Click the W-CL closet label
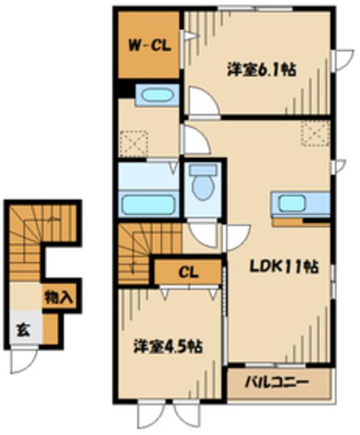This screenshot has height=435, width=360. [x=149, y=46]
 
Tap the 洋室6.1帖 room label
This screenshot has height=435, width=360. [x=262, y=69]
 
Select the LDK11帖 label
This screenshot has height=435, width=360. [x=283, y=266]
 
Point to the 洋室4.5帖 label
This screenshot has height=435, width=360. [x=168, y=346]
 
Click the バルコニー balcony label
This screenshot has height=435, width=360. [x=277, y=383]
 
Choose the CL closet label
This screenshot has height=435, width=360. [x=189, y=272]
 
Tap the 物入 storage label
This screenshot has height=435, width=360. [x=59, y=298]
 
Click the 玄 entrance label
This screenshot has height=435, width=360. [x=24, y=330]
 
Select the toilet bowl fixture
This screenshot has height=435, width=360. [x=202, y=181]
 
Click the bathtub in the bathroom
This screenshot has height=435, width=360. [x=148, y=205]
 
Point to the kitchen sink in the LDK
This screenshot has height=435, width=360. [x=292, y=203]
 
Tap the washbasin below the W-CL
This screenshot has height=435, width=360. [x=158, y=95]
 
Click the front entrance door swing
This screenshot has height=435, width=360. [x=23, y=360]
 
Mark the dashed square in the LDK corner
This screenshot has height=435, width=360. [x=316, y=133]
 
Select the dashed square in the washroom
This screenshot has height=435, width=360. [x=134, y=143]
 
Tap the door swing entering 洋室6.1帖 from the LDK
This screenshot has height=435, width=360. [x=204, y=101]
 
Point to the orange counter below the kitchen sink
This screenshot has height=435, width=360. [x=301, y=222]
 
